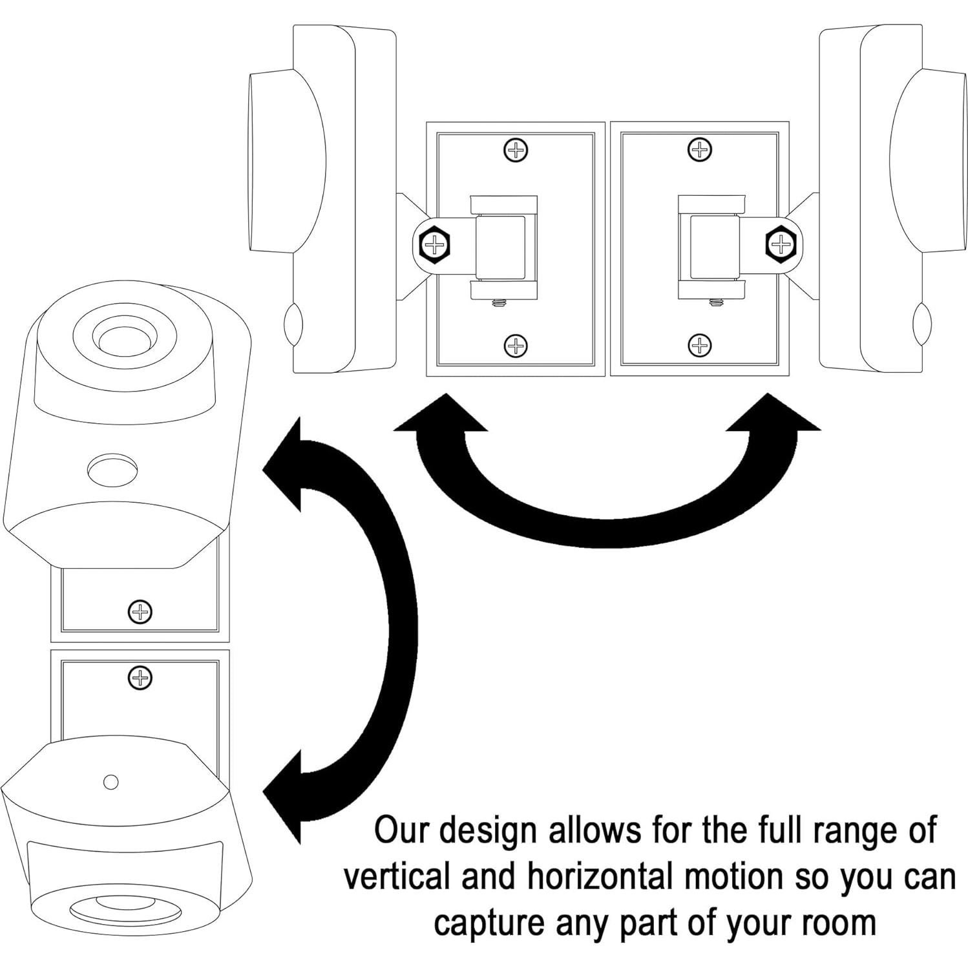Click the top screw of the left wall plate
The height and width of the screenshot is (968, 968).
515,151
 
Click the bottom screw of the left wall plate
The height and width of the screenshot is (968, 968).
515,346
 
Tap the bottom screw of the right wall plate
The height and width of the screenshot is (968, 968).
699,346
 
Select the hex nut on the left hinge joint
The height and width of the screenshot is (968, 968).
436,245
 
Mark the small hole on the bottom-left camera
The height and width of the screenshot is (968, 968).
111,782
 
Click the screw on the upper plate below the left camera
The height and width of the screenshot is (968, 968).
140,611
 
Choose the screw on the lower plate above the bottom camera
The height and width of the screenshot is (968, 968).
140,678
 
